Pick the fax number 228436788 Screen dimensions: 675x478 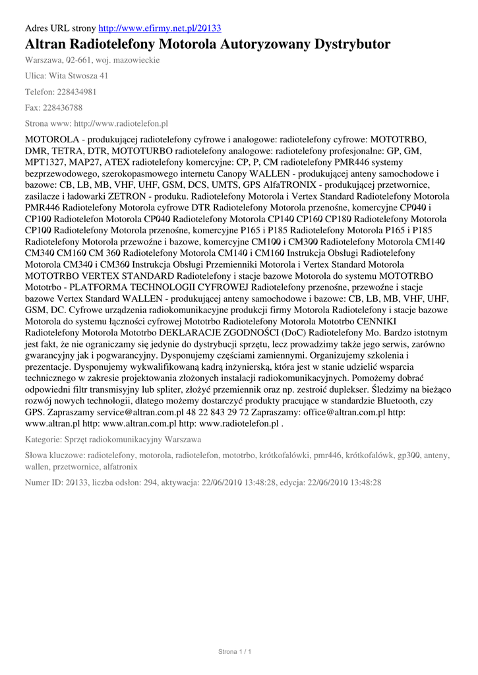pyautogui.click(x=63, y=107)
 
